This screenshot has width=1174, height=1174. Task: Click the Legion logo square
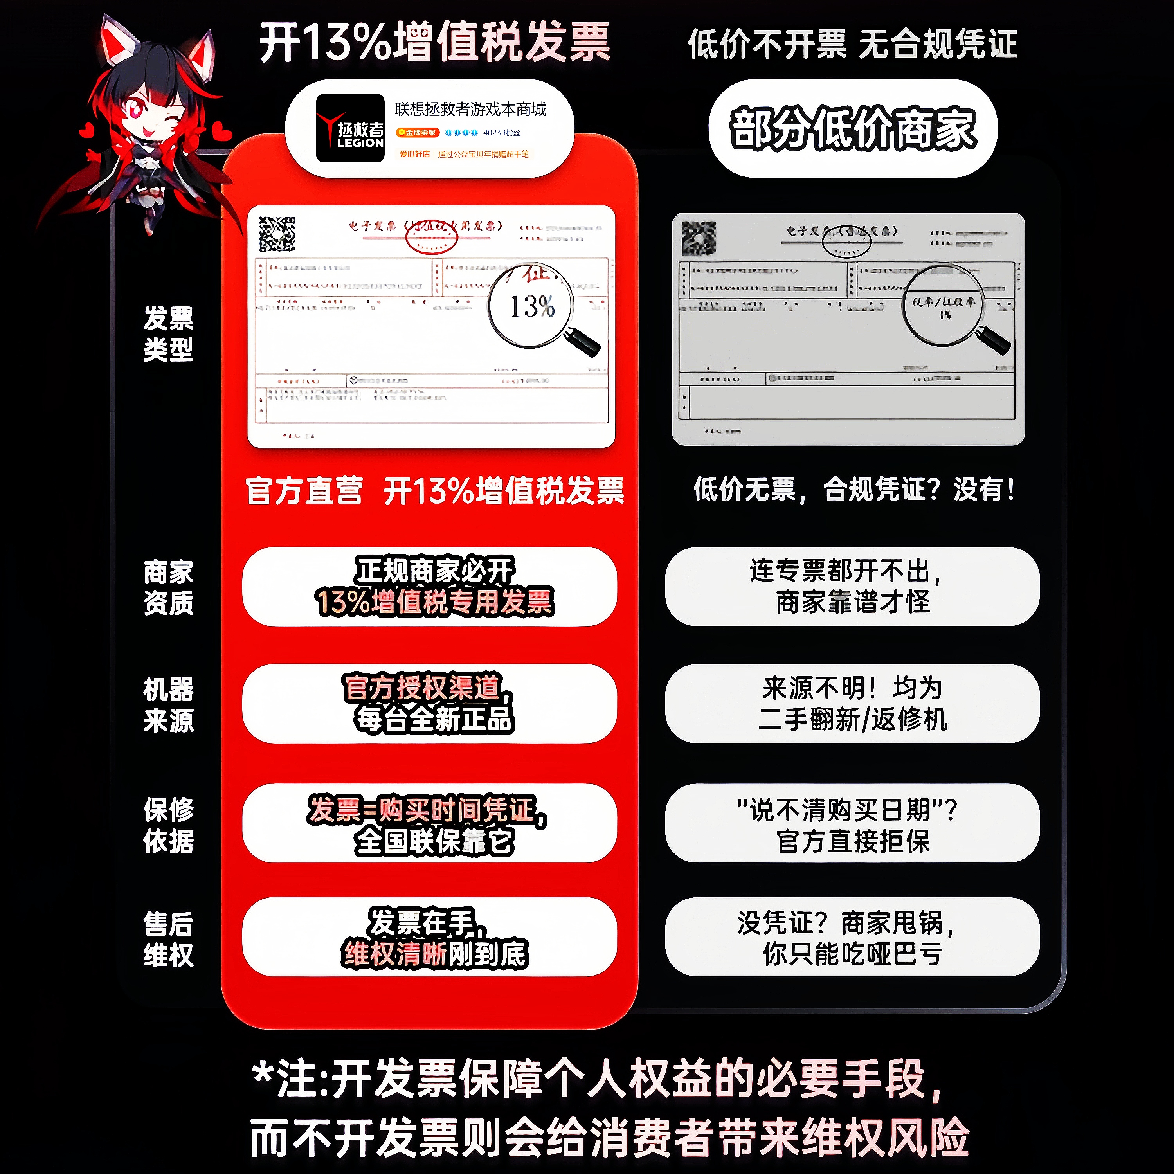pos(350,128)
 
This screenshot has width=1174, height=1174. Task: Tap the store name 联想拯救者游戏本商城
pos(470,110)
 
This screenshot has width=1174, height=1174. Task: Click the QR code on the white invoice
pos(277,234)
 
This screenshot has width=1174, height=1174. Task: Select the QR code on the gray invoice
pos(699,238)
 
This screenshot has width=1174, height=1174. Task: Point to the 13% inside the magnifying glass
pos(532,306)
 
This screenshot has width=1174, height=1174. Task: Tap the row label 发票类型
pos(168,333)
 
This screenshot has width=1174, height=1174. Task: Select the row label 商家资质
pos(168,587)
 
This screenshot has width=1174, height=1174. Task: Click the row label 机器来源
pos(168,705)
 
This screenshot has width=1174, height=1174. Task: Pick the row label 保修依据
pos(168,825)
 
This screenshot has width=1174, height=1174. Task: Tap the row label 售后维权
pos(168,939)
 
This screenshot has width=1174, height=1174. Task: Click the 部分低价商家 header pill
pos(853,129)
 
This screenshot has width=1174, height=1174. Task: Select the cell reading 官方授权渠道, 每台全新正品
pos(430,704)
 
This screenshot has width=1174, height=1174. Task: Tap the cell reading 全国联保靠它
pos(430,823)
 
